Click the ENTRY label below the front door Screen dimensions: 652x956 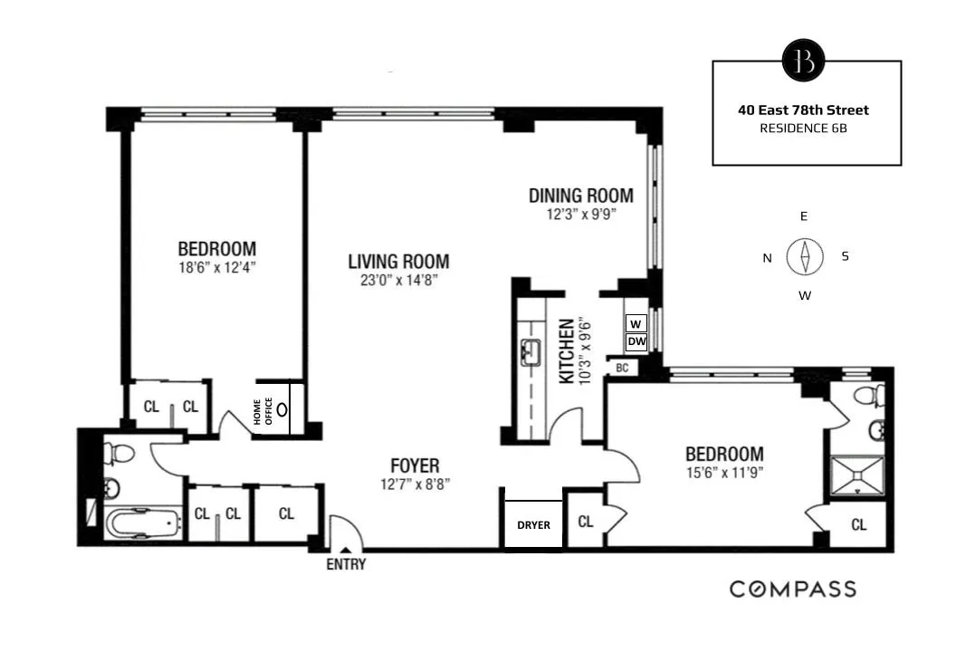coord(346,564)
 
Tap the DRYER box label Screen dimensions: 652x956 coord(533,524)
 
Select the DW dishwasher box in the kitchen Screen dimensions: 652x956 coord(636,341)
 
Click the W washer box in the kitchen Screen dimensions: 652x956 coord(636,323)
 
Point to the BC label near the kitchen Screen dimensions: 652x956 coord(622,368)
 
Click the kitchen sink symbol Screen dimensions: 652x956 coord(531,352)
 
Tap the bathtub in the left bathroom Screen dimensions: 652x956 coord(142,523)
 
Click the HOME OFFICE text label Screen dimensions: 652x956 coord(263,411)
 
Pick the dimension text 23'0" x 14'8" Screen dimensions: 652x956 coord(398,280)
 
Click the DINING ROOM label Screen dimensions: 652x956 coord(580,196)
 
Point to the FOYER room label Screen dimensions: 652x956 coord(411,467)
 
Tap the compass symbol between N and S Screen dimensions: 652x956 coord(804,256)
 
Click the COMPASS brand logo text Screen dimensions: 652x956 coord(792,590)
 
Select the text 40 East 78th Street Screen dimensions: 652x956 coord(803,110)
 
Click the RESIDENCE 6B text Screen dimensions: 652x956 coord(803,129)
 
